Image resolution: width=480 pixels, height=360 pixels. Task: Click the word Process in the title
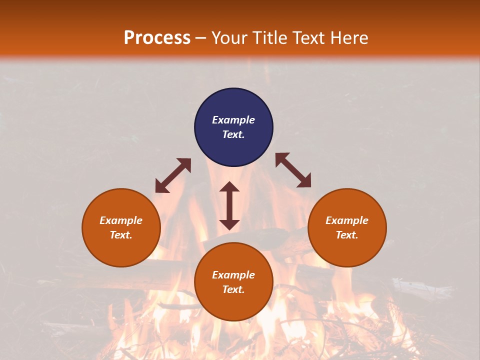tap(157, 38)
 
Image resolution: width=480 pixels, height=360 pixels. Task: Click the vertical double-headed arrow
tap(229, 205)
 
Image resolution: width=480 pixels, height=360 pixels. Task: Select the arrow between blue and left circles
tap(173, 175)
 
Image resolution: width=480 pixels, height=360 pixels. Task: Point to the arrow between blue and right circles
tap(293, 170)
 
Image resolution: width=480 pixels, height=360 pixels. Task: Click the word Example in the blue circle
tap(233, 120)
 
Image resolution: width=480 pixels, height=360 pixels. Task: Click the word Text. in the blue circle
tap(233, 134)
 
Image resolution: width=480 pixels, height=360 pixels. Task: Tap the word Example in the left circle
tap(121, 220)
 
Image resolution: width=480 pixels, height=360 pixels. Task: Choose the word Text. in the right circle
tap(347, 235)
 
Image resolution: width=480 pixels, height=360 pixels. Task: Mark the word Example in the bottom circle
tap(233, 275)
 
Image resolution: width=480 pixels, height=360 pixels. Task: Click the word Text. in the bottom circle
tap(233, 289)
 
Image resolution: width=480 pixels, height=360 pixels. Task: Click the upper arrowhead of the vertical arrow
tap(229, 187)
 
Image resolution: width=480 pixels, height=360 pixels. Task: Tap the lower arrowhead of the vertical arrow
tap(229, 224)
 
